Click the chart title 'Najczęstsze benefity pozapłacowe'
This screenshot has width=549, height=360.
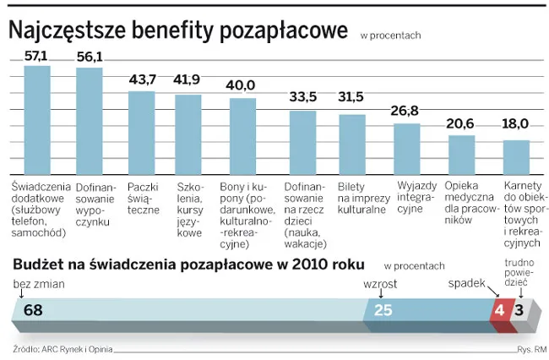(177, 30)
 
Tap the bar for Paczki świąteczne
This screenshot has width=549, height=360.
(142, 130)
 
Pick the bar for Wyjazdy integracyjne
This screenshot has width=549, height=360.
(407, 147)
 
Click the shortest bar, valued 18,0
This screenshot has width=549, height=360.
(516, 155)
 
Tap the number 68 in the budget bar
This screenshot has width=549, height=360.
(33, 310)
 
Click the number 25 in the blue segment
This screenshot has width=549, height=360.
(383, 310)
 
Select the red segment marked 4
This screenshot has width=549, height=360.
(499, 310)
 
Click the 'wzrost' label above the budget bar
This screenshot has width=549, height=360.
(379, 283)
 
